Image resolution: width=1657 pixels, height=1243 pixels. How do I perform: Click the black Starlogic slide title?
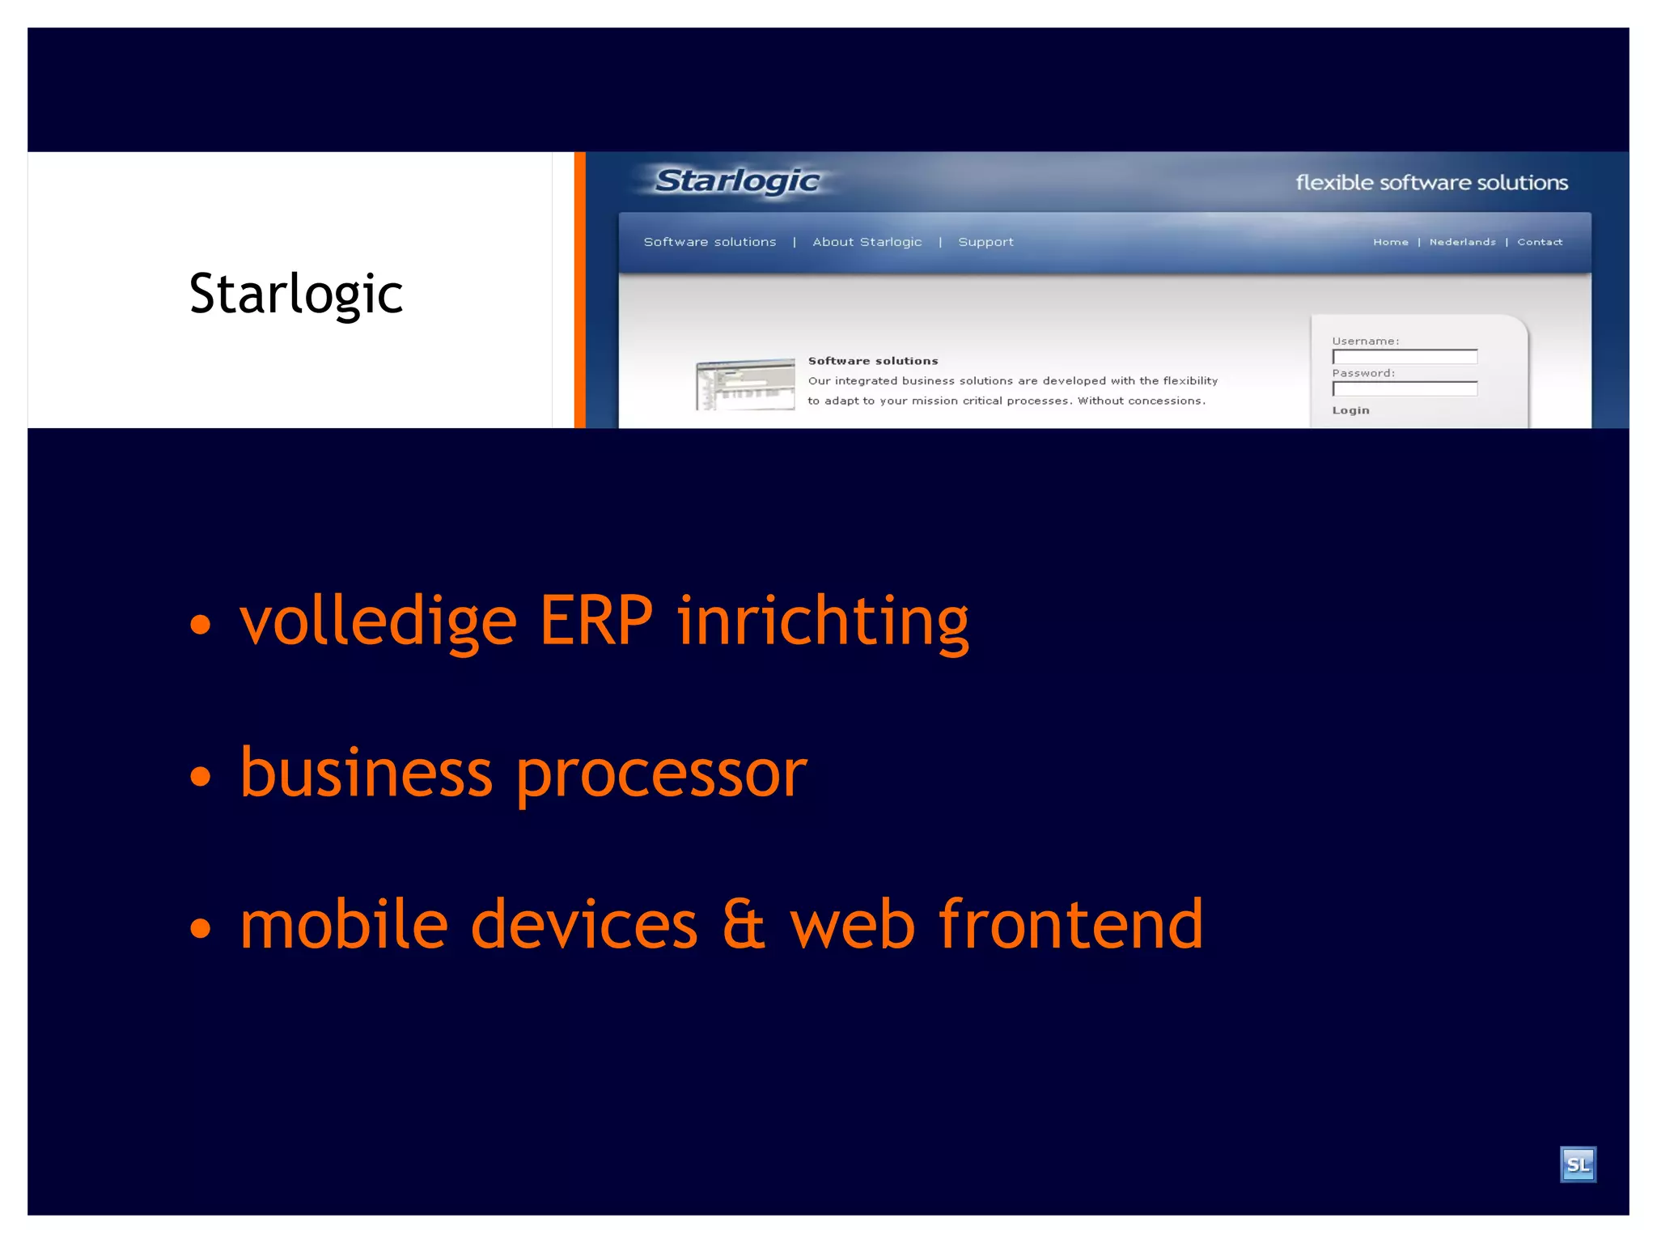[x=296, y=294]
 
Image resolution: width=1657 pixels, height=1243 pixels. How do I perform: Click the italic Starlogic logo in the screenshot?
[x=737, y=181]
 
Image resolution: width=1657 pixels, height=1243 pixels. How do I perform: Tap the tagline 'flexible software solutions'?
[x=1431, y=183]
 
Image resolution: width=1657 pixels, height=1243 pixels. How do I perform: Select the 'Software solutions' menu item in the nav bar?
[x=710, y=242]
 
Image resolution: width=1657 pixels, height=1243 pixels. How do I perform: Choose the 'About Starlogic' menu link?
[x=867, y=242]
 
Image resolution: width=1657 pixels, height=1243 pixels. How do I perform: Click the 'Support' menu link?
[x=985, y=242]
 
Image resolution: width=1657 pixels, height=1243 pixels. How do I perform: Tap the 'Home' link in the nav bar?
[x=1390, y=242]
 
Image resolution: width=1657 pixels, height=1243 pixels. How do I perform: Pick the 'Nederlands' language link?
[x=1462, y=242]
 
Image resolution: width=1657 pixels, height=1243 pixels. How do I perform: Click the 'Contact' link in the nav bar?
[x=1539, y=242]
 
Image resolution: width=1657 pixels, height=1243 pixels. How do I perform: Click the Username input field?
[x=1405, y=357]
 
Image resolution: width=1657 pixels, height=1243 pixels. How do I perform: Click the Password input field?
[x=1405, y=389]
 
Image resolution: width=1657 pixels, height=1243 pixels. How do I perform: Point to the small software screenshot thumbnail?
[x=745, y=384]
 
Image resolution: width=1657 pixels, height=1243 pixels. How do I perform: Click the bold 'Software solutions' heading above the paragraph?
[x=873, y=361]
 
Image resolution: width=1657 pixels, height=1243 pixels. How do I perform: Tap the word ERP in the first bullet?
[x=596, y=621]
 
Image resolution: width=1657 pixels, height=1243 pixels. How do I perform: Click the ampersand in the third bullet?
[x=743, y=924]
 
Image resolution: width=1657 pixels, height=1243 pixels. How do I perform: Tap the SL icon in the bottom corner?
[x=1577, y=1165]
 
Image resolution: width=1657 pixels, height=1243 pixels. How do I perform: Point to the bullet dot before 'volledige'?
[x=200, y=625]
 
